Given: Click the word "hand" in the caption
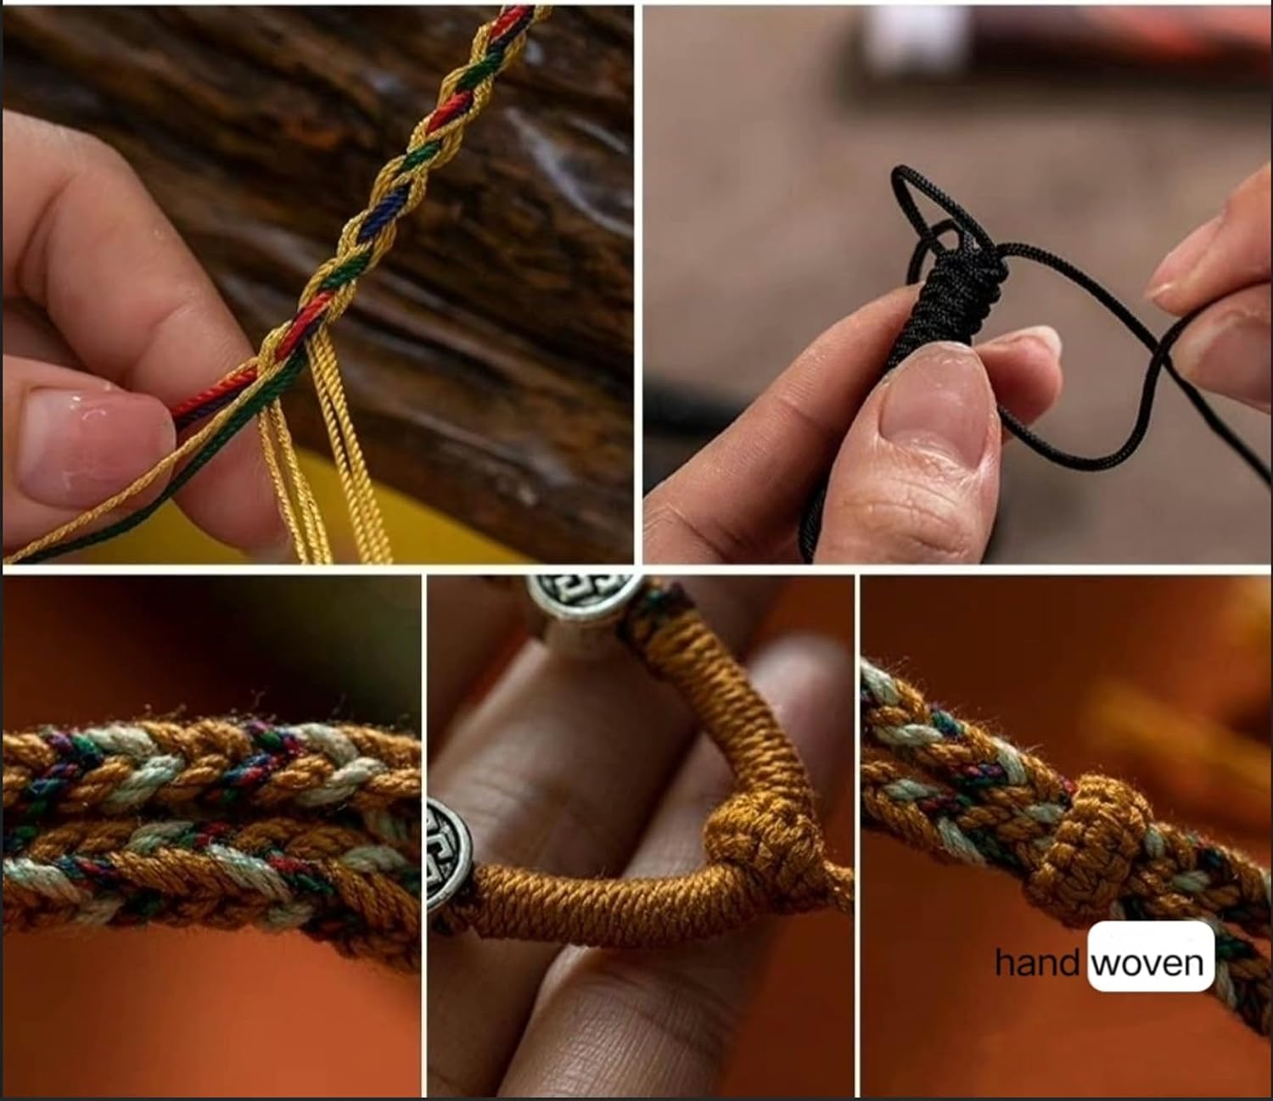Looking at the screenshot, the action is pos(1036,961).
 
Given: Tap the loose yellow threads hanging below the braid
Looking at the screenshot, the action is pos(320,443).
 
